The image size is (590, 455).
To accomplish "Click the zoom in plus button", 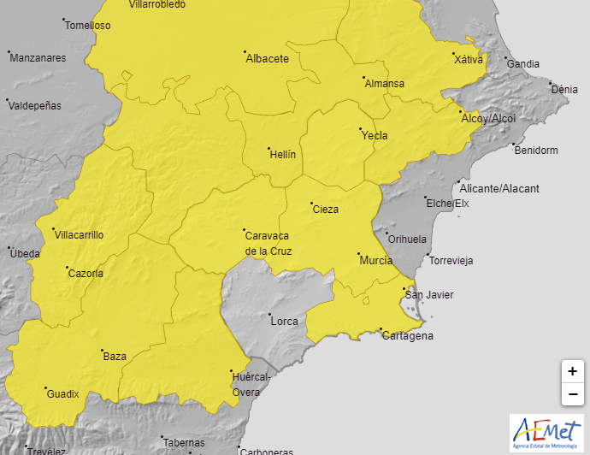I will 572,372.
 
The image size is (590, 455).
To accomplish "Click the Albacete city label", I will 267,59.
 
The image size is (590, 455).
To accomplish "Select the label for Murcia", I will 376,260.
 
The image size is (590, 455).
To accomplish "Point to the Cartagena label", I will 407,336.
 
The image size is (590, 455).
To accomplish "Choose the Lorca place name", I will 284,322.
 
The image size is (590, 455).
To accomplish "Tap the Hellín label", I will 282,155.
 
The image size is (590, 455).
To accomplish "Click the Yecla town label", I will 375,136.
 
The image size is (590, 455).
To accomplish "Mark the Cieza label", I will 326,210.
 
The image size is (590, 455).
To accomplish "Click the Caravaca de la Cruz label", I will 268,244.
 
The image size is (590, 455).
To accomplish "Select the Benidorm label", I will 536,151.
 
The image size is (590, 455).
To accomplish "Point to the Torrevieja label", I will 451,260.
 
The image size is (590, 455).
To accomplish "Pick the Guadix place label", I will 62,394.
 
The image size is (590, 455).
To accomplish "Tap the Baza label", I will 115,357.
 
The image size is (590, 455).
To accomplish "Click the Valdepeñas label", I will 37,106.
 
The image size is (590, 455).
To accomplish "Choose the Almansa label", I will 384,84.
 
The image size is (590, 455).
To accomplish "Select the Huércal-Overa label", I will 253,384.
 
